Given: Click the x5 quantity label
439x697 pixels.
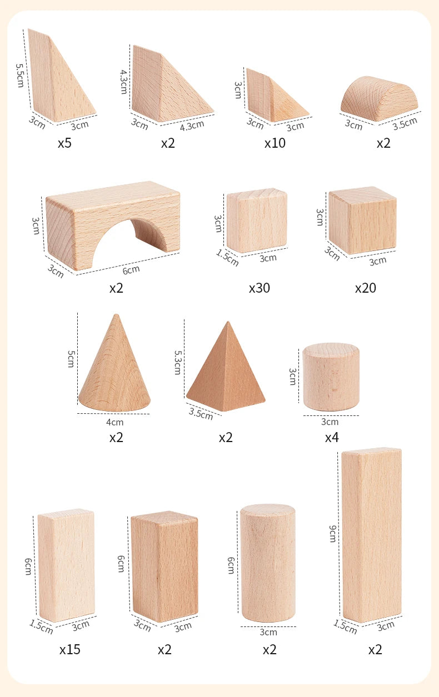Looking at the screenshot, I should pyautogui.click(x=65, y=143).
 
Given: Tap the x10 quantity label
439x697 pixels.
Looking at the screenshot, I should pyautogui.click(x=275, y=143).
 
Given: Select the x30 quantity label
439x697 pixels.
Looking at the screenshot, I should pyautogui.click(x=260, y=288).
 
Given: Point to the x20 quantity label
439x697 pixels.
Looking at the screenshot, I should pyautogui.click(x=366, y=288).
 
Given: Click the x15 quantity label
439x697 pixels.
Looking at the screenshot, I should pyautogui.click(x=70, y=649).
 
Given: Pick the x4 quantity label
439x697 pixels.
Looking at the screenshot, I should pyautogui.click(x=332, y=437).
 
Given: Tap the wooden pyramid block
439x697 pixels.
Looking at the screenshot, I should pyautogui.click(x=226, y=372).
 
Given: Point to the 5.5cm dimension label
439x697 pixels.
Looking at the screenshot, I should pyautogui.click(x=19, y=74).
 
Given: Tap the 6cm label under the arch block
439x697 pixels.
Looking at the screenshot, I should pyautogui.click(x=132, y=270).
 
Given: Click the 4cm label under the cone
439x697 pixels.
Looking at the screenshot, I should pyautogui.click(x=114, y=422).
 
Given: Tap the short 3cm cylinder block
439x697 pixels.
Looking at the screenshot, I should pyautogui.click(x=331, y=377).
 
